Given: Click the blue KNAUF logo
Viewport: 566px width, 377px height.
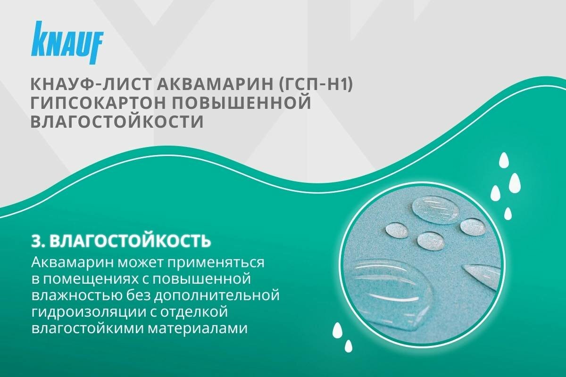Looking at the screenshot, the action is (67, 42).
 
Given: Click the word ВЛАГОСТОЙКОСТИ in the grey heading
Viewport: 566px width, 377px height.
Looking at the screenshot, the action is (117, 122).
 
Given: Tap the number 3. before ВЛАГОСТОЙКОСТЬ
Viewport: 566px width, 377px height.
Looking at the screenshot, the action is (38, 241).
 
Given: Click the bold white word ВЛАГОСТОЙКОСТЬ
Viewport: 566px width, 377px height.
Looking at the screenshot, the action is (130, 241).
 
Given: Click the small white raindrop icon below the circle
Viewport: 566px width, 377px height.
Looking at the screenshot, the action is (349, 346).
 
